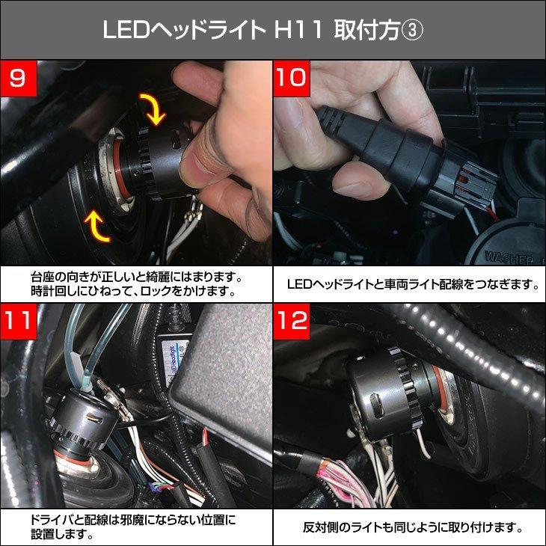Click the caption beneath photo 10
pyautogui.click(x=409, y=284)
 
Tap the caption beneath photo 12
pyautogui.click(x=409, y=527)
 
